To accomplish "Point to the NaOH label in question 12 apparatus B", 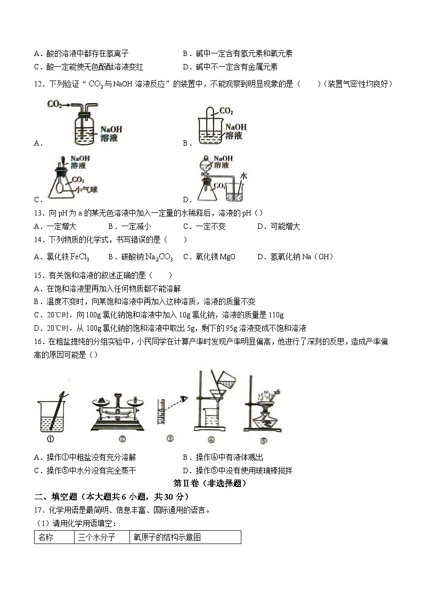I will pyautogui.click(x=236, y=127).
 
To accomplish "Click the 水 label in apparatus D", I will pyautogui.click(x=243, y=174).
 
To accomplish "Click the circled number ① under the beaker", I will pyautogui.click(x=52, y=440).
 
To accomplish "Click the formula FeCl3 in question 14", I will pyautogui.click(x=79, y=257).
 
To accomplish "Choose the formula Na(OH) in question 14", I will pyautogui.click(x=313, y=257).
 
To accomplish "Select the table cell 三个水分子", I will pyautogui.click(x=96, y=537).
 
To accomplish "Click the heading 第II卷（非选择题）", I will pyautogui.click(x=210, y=483).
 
